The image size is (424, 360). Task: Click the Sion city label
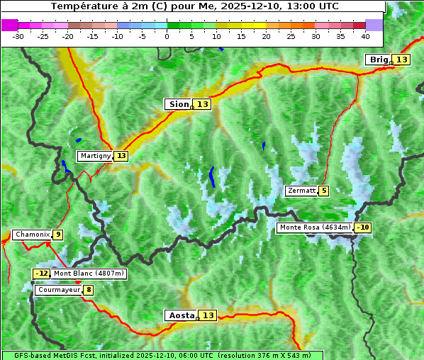pos(178,104)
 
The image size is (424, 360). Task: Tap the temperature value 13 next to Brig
pos(402,60)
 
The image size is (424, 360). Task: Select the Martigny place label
pos(95,156)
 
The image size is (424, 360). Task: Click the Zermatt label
pos(301,191)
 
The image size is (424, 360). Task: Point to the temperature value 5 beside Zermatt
pos(324,191)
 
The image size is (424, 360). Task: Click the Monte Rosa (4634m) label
pos(314,227)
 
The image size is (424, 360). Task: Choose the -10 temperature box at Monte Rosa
pos(363,227)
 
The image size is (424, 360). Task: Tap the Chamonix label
pos(32,235)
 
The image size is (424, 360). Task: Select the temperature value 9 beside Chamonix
pos(57,235)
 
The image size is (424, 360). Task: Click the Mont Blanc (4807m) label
pos(89,274)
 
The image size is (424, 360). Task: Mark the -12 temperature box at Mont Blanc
pos(42,274)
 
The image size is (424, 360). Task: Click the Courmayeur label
pos(58,290)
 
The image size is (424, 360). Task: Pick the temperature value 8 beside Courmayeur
pos(88,290)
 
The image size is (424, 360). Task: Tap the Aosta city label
pos(180,315)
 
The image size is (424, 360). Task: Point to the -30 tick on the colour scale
pos(18,35)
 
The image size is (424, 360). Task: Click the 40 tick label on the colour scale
pos(364,35)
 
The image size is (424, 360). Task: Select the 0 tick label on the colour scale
pos(167,35)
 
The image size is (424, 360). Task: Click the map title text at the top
pos(194,6)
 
